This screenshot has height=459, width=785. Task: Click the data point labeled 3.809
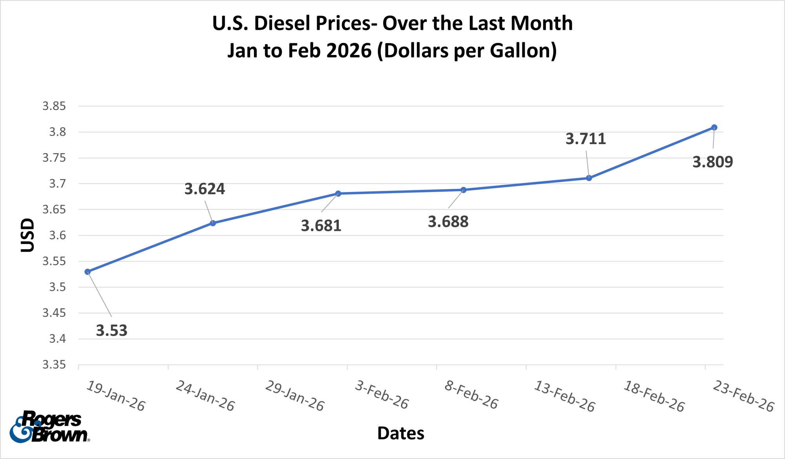[714, 127]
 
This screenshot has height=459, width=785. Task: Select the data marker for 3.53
[88, 272]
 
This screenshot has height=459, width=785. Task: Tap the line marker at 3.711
[589, 178]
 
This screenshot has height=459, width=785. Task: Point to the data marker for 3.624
[213, 223]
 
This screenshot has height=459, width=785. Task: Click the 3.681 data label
[321, 226]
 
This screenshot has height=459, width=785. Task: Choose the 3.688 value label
[448, 222]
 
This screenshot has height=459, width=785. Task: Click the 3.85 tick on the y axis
[54, 106]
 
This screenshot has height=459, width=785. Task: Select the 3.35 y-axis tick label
[54, 365]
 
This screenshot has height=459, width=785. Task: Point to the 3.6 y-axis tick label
[57, 236]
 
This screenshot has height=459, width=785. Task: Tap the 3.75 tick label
[54, 158]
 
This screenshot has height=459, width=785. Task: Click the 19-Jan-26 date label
[116, 396]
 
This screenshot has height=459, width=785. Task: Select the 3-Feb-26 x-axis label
[382, 395]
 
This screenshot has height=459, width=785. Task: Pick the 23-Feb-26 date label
[743, 396]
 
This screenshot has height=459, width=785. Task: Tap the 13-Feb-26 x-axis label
[564, 396]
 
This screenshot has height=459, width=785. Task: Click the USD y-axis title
[27, 235]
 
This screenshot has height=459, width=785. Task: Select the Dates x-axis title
[400, 433]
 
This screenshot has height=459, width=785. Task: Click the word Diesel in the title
[282, 23]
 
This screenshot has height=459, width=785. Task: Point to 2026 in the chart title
[349, 51]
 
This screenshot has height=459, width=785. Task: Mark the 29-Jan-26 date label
[295, 396]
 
